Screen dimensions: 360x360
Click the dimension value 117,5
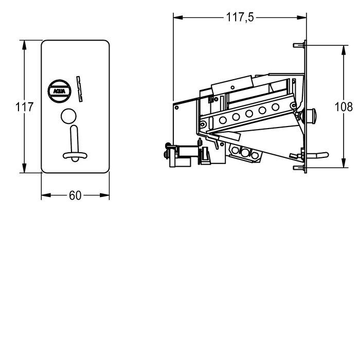240,17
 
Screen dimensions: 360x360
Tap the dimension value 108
344,107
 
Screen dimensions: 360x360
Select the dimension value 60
75,195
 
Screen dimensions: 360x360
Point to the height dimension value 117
24,107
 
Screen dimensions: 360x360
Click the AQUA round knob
60,91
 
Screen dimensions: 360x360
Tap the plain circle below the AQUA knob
68,116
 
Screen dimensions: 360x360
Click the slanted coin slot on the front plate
79,89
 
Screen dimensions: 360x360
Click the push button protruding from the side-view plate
310,116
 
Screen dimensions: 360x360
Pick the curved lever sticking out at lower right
318,155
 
